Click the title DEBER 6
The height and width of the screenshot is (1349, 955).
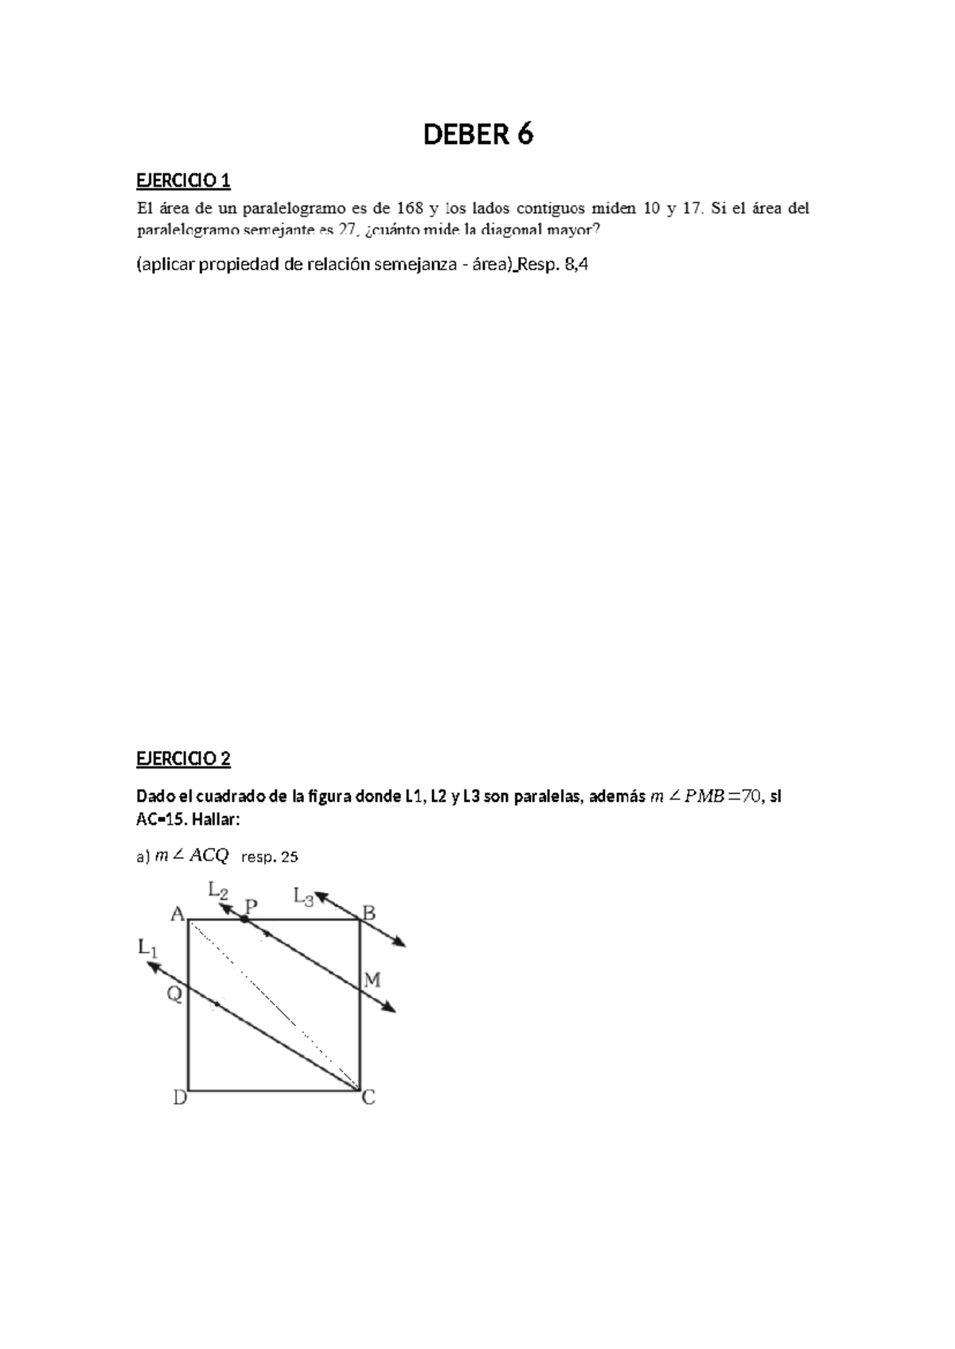[x=477, y=135]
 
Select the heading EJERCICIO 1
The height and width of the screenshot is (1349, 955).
[x=183, y=181]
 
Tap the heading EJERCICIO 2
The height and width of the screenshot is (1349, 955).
[x=183, y=758]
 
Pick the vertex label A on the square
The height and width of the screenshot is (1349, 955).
[x=177, y=915]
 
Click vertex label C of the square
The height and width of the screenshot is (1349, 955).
[x=368, y=1098]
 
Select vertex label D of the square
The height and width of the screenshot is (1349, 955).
[x=180, y=1098]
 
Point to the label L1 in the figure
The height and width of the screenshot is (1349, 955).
[x=148, y=948]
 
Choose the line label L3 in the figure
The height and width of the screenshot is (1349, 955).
[x=303, y=896]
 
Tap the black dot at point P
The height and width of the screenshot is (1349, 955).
[x=244, y=919]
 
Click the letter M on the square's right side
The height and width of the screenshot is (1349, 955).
[x=372, y=980]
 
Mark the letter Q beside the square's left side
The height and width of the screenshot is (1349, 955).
[x=174, y=993]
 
